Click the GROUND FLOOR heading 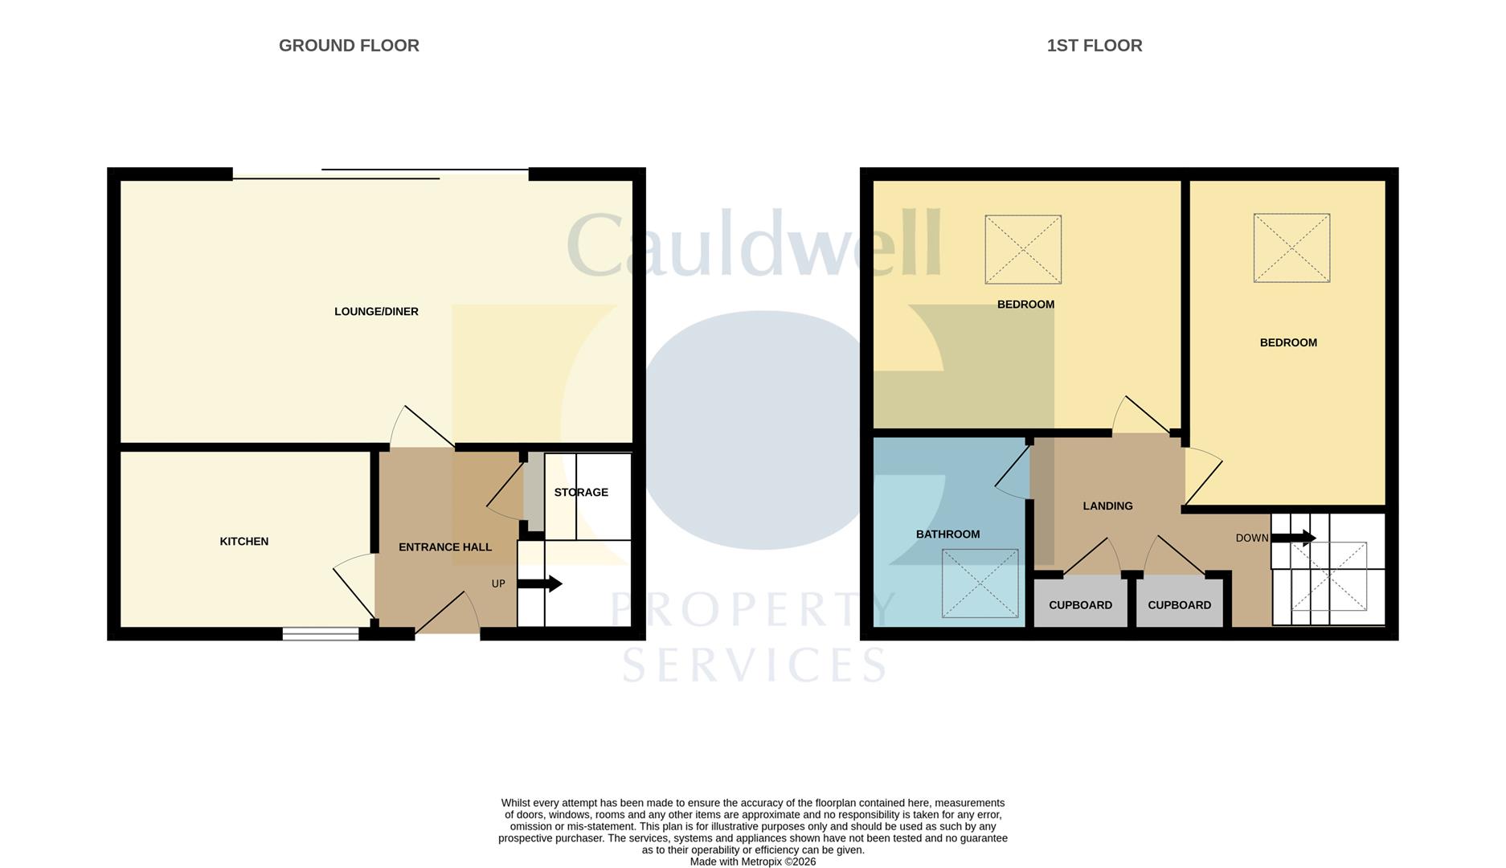(x=349, y=46)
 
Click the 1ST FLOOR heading (x=1094, y=46)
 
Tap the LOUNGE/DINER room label (x=376, y=312)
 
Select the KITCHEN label (x=244, y=542)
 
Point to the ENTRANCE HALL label (x=445, y=547)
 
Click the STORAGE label (x=581, y=493)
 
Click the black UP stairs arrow (x=539, y=583)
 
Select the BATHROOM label (x=948, y=534)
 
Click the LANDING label (x=1107, y=506)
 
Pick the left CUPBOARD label (x=1081, y=605)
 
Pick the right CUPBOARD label (x=1179, y=605)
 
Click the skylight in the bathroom (x=980, y=583)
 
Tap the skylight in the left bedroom (x=1023, y=249)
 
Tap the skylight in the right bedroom (x=1291, y=248)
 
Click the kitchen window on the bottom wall (x=321, y=634)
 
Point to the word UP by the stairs (x=498, y=584)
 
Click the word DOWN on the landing (x=1252, y=538)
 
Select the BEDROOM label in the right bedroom (x=1288, y=343)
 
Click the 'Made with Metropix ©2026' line (x=753, y=862)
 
